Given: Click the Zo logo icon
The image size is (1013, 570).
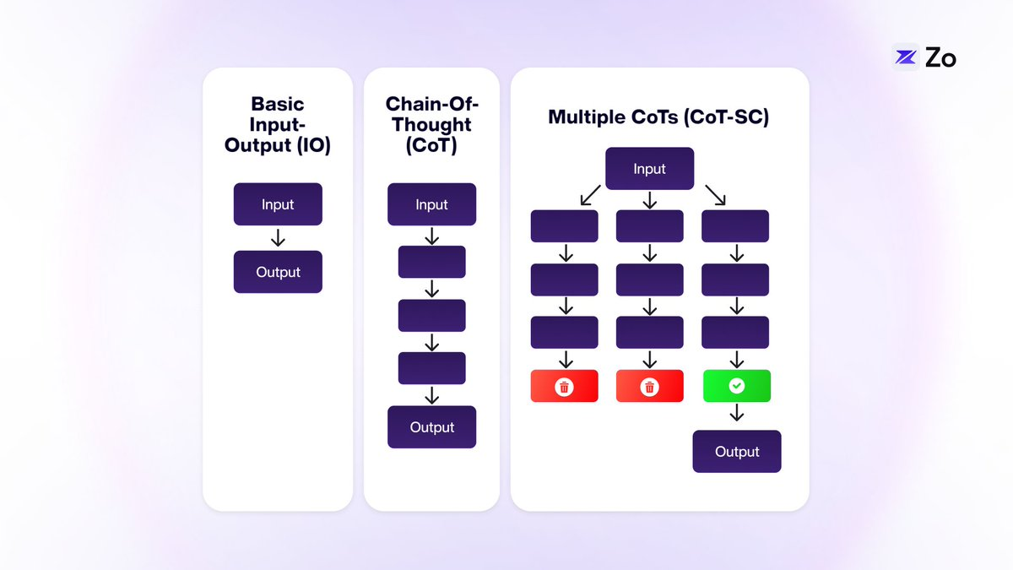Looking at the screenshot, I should [906, 57].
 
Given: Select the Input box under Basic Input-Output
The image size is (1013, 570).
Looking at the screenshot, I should [278, 204].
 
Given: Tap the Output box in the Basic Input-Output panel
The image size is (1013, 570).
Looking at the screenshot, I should [278, 272].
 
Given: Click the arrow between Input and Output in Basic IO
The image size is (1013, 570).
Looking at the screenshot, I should [278, 238].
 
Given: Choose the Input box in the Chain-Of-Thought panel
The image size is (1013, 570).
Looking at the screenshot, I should [431, 204].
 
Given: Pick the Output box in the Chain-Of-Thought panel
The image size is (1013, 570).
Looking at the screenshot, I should [431, 427].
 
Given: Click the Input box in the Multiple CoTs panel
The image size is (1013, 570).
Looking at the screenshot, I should [649, 169].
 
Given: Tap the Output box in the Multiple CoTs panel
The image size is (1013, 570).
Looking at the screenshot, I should [737, 452].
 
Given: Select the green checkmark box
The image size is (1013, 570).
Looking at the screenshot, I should [737, 386].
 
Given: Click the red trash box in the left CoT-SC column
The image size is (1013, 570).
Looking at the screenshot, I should [564, 386].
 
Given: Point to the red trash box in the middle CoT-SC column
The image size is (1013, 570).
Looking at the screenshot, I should [649, 386].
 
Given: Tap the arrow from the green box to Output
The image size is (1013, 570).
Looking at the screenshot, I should [737, 413].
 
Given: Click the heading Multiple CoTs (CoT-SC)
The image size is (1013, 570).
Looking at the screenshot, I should [658, 117].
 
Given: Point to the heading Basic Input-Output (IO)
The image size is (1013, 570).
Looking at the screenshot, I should [278, 125].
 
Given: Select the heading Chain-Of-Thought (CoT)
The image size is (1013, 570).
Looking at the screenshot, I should [431, 125].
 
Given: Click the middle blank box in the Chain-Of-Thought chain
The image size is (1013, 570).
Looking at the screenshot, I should [431, 315].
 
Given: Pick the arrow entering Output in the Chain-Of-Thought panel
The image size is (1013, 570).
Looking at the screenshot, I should [431, 394].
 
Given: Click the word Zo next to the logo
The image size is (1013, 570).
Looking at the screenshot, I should [940, 58].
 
